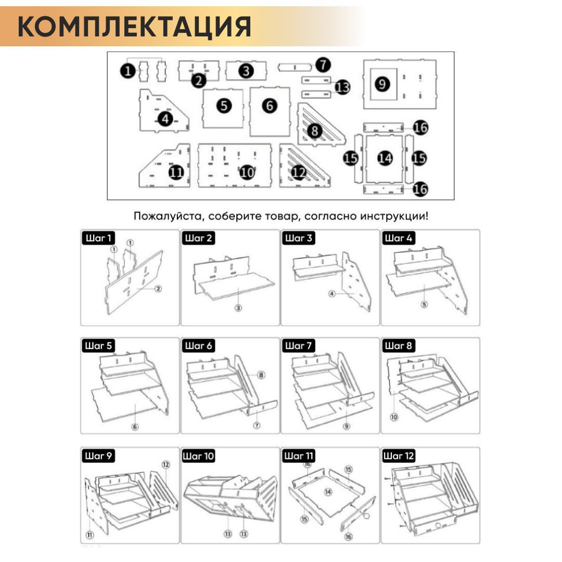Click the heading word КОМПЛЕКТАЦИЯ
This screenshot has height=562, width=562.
tap(134, 26)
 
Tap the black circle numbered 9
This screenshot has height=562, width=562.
tap(382, 84)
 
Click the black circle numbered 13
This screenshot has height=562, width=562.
tap(343, 87)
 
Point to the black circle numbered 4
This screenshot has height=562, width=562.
tap(165, 119)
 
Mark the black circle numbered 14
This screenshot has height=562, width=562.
tap(385, 158)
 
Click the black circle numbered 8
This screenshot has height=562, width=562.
tap(314, 131)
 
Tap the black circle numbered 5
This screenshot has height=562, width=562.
tap(224, 106)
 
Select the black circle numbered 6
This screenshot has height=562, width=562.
tap(270, 106)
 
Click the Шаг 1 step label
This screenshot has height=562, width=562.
tap(98, 238)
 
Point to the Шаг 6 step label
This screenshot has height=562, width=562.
tap(199, 346)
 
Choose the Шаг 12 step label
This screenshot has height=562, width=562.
tap(399, 456)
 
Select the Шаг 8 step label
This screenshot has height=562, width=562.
tap(399, 346)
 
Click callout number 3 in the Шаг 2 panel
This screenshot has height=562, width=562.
tap(238, 308)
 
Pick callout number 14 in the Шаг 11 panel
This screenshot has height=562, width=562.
tap(328, 491)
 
